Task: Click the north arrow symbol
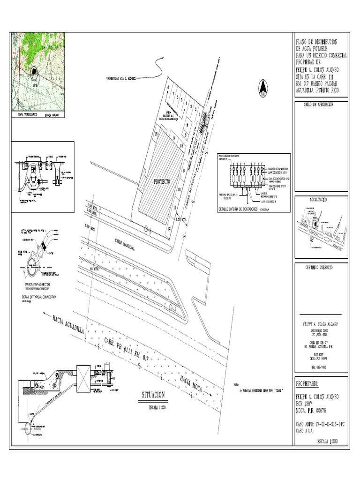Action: click(x=263, y=88)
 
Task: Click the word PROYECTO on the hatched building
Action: click(x=161, y=180)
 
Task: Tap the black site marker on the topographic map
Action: click(x=34, y=71)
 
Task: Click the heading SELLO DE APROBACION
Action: click(x=318, y=105)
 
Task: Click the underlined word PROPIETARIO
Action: click(x=307, y=384)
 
